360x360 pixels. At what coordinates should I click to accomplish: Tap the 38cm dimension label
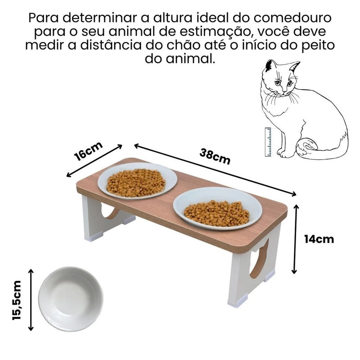point(215,156)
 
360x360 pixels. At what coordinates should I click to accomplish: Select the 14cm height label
point(319,239)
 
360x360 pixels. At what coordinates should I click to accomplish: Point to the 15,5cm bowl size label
point(17,300)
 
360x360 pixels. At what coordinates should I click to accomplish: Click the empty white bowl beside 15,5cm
point(71,299)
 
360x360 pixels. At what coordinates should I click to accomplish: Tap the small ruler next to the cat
point(268,142)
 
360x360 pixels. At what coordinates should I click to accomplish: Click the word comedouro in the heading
point(292,18)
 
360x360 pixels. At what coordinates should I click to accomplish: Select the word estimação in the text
point(214,32)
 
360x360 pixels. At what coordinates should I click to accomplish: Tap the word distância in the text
point(111,45)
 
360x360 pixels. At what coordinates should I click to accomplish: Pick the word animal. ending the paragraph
point(190,59)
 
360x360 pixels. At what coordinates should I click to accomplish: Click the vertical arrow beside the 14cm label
point(294,239)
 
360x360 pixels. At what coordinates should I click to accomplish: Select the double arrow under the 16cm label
point(94,161)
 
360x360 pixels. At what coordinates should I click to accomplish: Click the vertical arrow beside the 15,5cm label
point(31,300)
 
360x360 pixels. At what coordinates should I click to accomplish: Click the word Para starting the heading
point(44,18)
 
